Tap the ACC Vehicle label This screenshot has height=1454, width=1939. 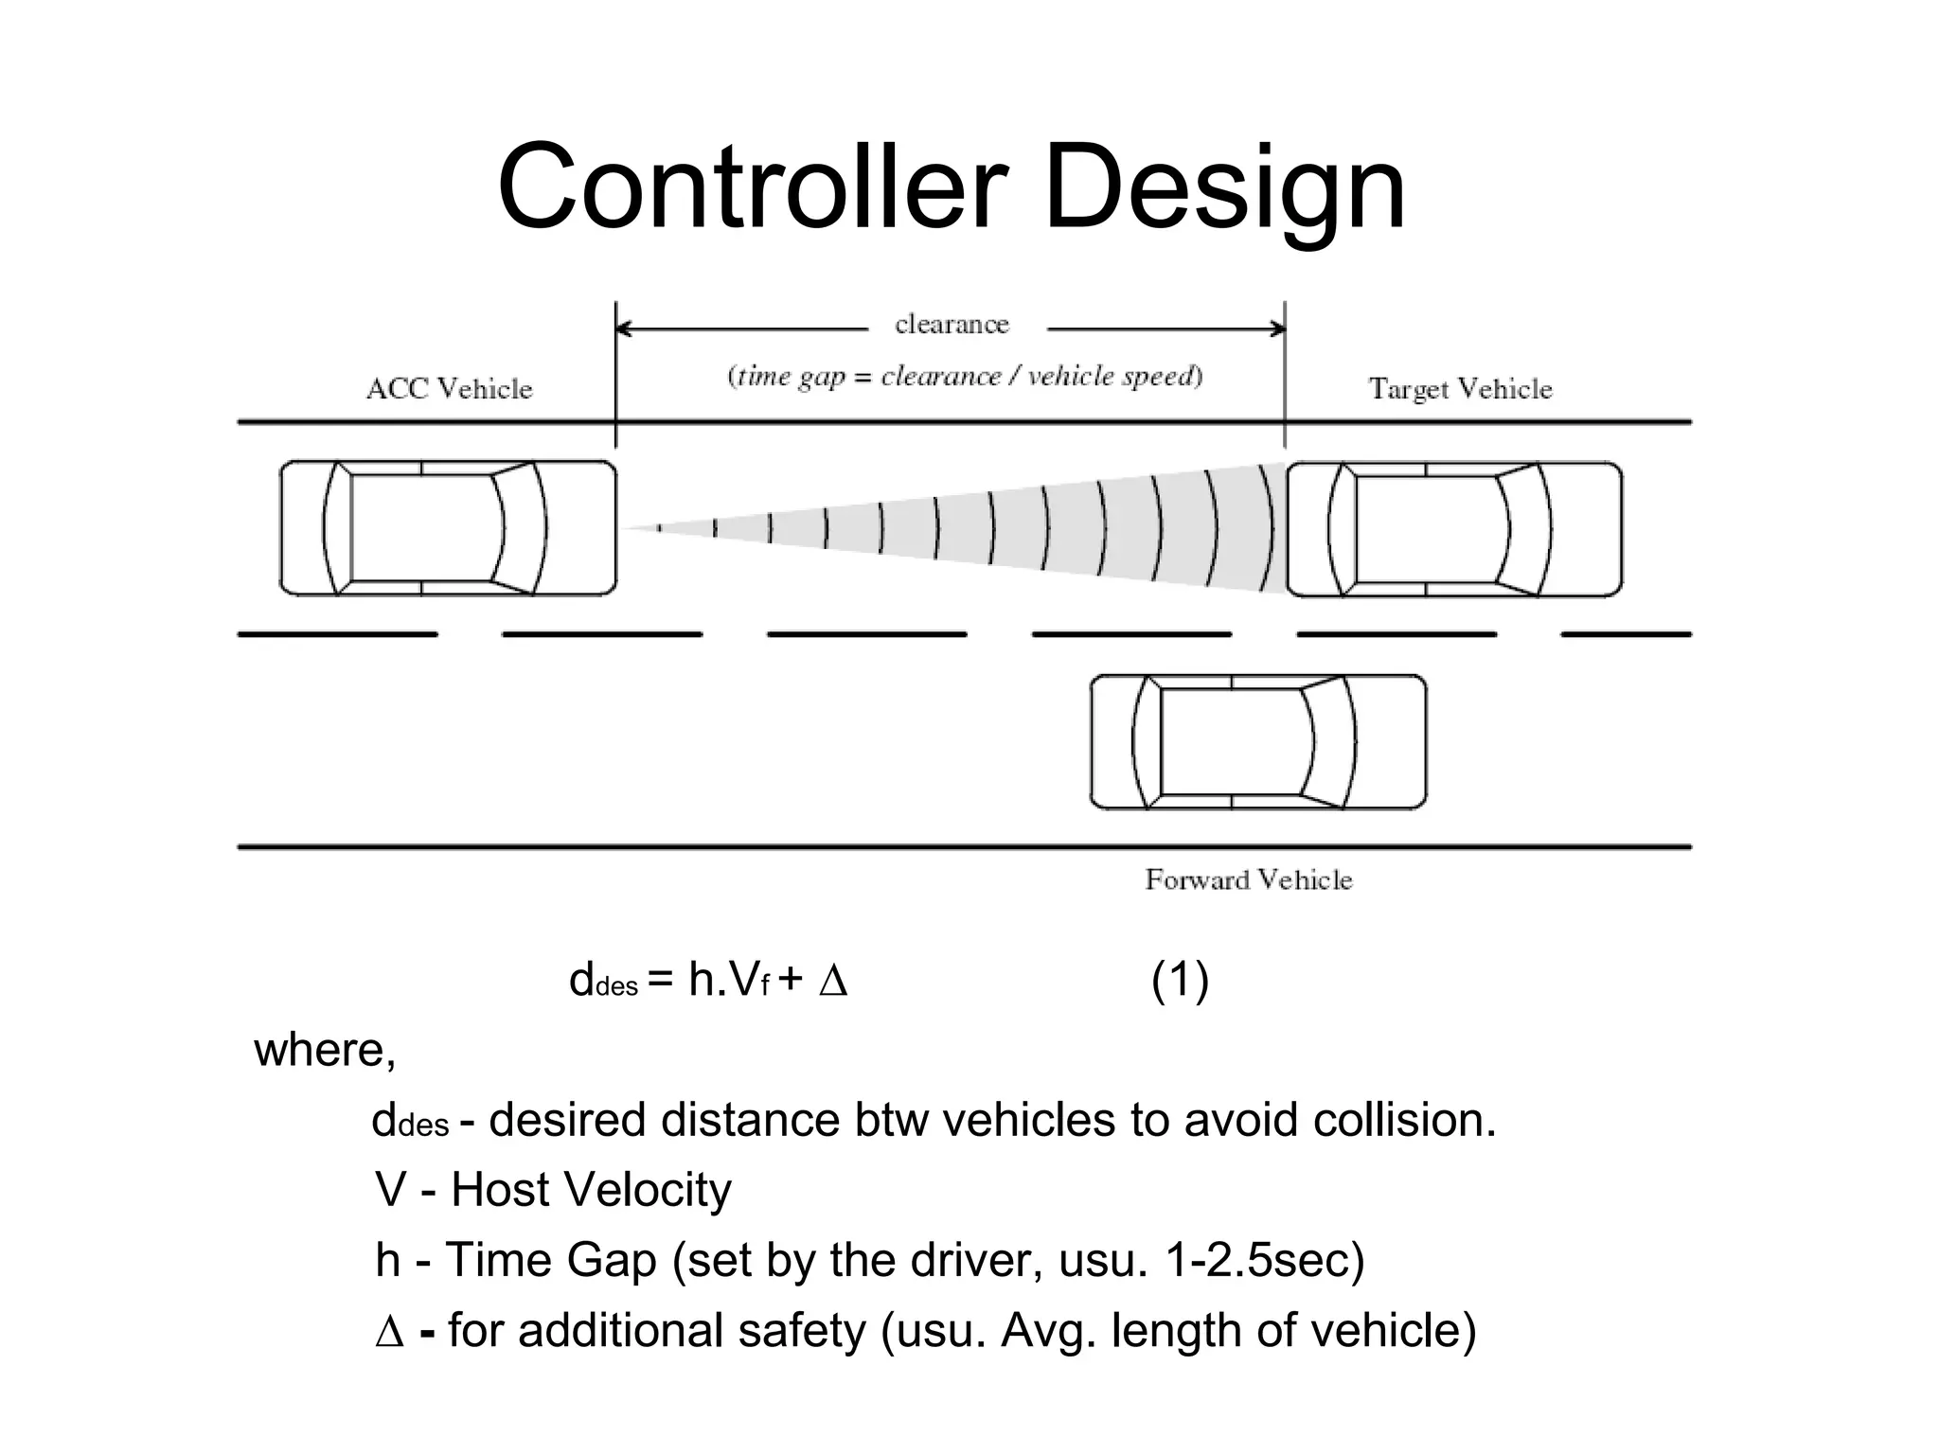pos(449,389)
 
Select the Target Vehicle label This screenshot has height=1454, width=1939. pos(1460,389)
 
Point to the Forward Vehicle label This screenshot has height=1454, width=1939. pos(1248,880)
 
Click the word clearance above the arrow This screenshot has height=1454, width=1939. pos(952,325)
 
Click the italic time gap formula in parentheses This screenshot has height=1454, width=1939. pos(964,377)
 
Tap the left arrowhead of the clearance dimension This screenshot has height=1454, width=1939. pos(624,328)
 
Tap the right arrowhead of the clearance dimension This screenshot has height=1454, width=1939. pos(1277,328)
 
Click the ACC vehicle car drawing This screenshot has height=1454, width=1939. pos(448,528)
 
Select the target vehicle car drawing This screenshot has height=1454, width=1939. pos(1453,529)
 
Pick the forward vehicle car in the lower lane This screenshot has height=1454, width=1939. pos(1257,741)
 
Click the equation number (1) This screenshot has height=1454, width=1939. pos(1180,980)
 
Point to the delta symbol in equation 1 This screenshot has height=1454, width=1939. pos(833,982)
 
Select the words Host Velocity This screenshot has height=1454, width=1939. pos(591,1190)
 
